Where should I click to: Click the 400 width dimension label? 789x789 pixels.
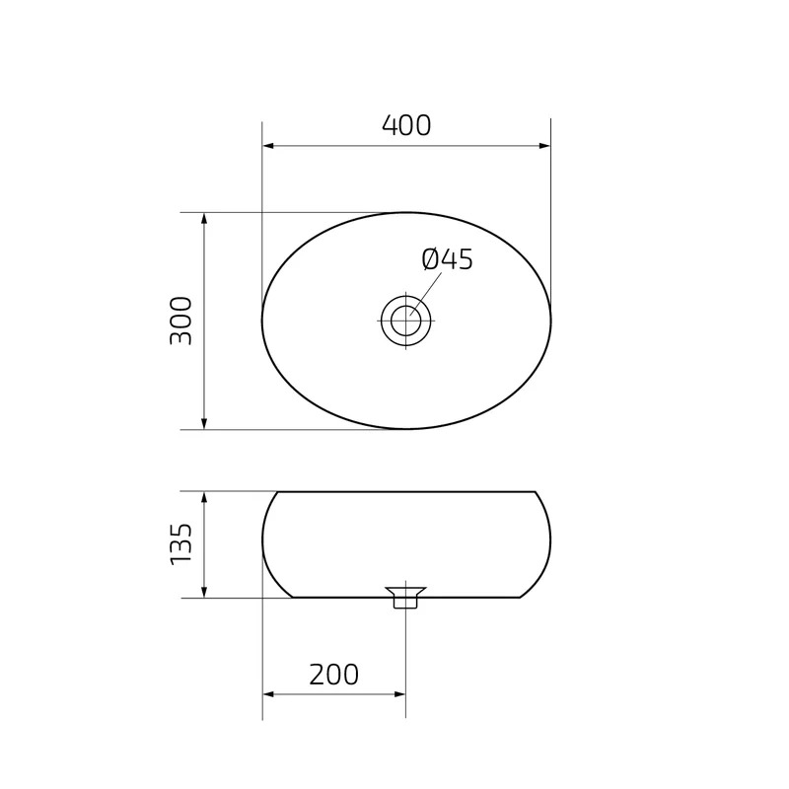point(406,126)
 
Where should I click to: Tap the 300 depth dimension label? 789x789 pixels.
point(181,321)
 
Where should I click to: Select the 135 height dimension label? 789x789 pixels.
point(181,544)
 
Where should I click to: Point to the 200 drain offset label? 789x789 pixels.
point(333,675)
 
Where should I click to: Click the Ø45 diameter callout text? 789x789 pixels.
point(448,259)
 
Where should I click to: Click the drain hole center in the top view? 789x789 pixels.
point(405,321)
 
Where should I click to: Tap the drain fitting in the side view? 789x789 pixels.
point(405,598)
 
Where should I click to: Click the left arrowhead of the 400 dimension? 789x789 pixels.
point(268,146)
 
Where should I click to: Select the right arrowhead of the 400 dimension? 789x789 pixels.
point(544,146)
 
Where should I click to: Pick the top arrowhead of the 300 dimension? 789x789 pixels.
point(204,218)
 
